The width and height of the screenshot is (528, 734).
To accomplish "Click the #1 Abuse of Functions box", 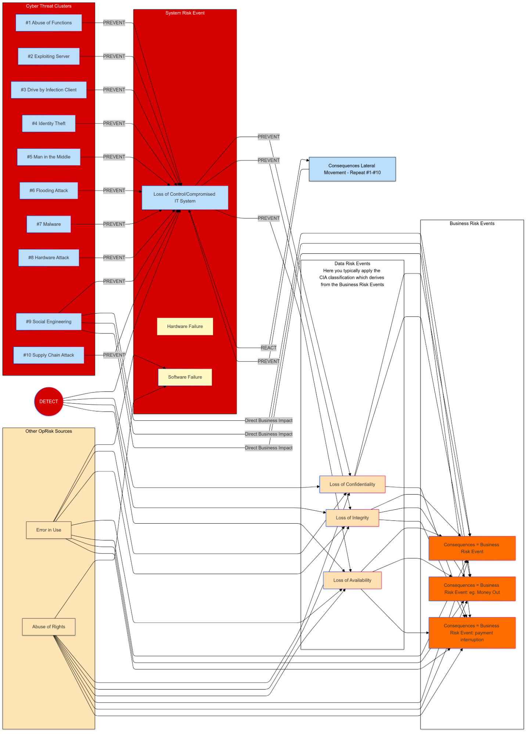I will (49, 23).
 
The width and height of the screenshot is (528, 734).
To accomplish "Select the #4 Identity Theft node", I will (49, 123).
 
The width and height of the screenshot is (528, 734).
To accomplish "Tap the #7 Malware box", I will (49, 224).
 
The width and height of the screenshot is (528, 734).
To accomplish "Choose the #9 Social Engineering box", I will (49, 322).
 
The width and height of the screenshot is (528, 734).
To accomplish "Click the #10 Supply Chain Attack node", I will (49, 355).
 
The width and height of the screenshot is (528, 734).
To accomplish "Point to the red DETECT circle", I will (49, 401).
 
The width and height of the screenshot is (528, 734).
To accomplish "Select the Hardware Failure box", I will (185, 326).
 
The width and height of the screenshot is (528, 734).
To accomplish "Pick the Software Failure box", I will (185, 377).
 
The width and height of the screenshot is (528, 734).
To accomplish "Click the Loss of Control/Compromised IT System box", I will (185, 198).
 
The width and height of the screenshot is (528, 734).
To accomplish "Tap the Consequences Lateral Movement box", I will (352, 169).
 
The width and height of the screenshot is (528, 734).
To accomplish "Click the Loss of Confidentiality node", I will (352, 484).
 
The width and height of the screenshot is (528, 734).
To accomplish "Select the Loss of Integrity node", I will (352, 518).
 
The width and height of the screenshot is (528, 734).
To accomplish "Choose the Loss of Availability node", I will (352, 580).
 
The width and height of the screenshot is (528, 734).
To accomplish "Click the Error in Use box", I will (49, 530).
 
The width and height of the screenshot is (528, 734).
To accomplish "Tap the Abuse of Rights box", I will (49, 627).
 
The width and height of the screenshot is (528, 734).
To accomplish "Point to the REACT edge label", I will (269, 348).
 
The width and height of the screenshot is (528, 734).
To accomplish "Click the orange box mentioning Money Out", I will (472, 589).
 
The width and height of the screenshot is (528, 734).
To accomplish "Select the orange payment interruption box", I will (472, 633).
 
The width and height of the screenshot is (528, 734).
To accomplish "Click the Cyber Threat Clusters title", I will (49, 6).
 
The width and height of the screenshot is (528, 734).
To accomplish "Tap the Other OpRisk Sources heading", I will (49, 431).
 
